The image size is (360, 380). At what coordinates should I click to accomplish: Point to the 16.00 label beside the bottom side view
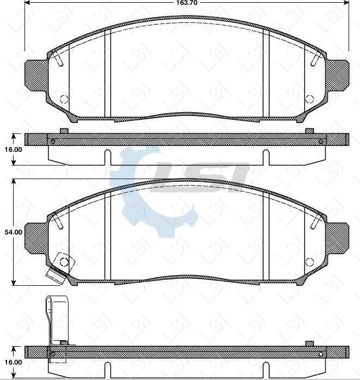[x=13, y=362]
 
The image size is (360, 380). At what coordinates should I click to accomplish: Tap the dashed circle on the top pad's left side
[x=64, y=100]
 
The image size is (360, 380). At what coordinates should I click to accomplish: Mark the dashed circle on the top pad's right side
[x=309, y=100]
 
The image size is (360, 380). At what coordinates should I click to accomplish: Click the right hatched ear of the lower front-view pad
[x=337, y=237]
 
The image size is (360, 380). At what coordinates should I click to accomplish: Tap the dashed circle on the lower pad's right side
[x=309, y=261]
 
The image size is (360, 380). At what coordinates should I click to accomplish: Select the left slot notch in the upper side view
[x=107, y=157]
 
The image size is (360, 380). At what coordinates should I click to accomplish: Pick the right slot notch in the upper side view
[x=266, y=157]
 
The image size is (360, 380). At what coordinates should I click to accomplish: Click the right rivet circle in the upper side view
[x=321, y=142]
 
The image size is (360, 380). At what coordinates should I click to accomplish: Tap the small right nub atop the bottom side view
[x=309, y=343]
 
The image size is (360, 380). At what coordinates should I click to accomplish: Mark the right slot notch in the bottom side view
[x=266, y=370]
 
